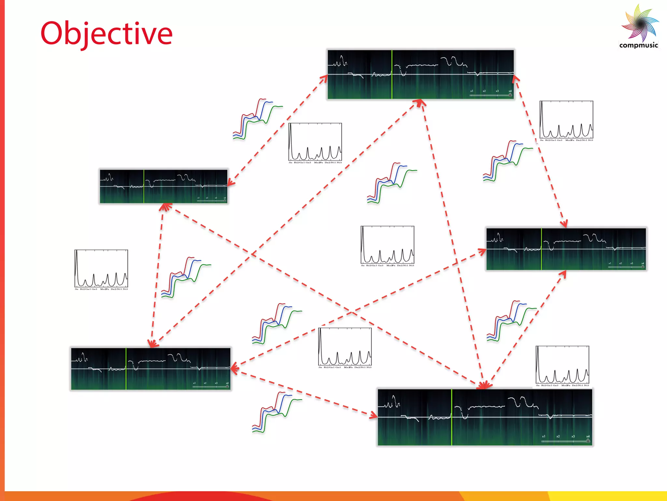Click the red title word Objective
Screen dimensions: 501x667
[x=106, y=34]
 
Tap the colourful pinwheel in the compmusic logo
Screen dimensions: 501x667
[x=640, y=23]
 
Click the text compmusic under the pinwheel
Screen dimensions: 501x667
[x=638, y=45]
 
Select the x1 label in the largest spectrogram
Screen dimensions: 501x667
[x=544, y=436]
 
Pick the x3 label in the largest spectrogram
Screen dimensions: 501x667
[x=573, y=436]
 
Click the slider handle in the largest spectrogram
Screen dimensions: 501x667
[x=588, y=441]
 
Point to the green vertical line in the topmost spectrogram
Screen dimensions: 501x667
[x=392, y=74]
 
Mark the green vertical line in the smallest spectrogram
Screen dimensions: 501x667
[x=144, y=187]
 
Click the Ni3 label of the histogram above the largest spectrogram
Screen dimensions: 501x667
[x=586, y=386]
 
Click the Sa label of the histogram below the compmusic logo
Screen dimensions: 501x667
[x=542, y=140]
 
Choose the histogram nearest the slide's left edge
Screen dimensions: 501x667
[x=101, y=269]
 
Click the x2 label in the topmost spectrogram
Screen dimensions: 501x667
[x=484, y=91]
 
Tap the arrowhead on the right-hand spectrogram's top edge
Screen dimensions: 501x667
[x=564, y=224]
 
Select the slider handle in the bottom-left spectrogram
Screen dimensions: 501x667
[x=227, y=387]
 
